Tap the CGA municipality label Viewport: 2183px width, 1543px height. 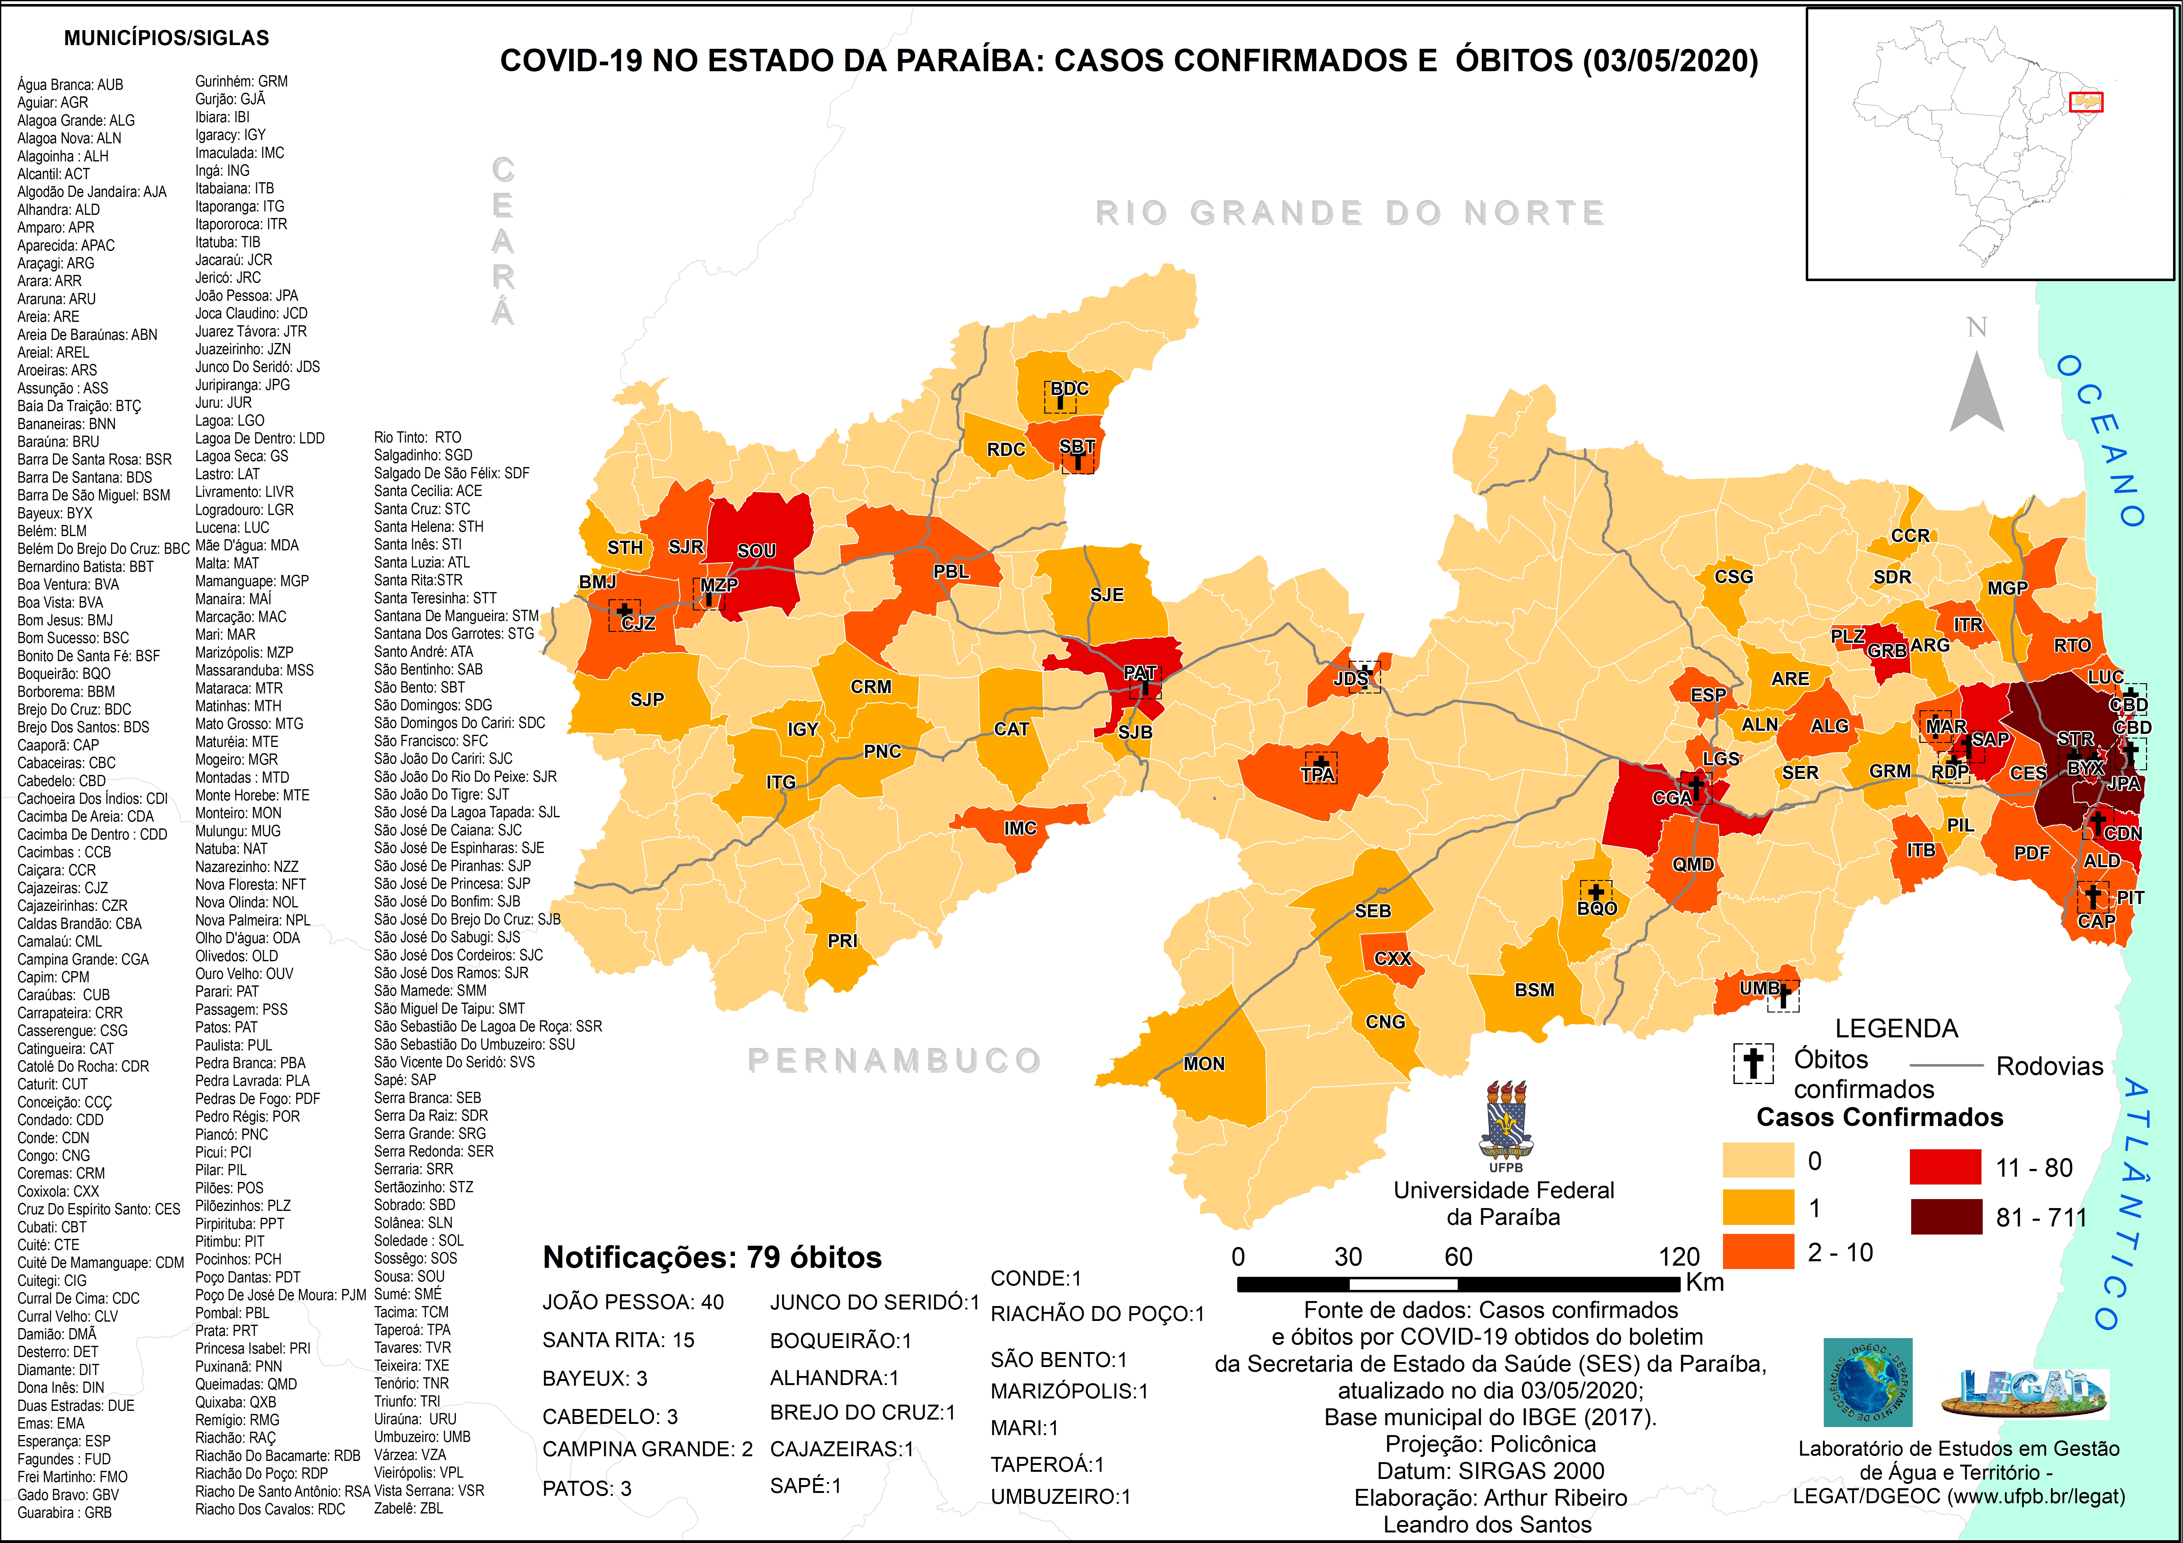click(x=1671, y=798)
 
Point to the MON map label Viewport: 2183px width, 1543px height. click(x=1204, y=1064)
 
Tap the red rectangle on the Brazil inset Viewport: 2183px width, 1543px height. click(x=2086, y=102)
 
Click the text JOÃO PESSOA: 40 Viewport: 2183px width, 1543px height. click(x=632, y=1303)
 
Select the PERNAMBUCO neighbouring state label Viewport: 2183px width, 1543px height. click(x=894, y=1060)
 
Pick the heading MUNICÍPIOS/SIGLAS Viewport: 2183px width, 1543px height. click(x=166, y=38)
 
